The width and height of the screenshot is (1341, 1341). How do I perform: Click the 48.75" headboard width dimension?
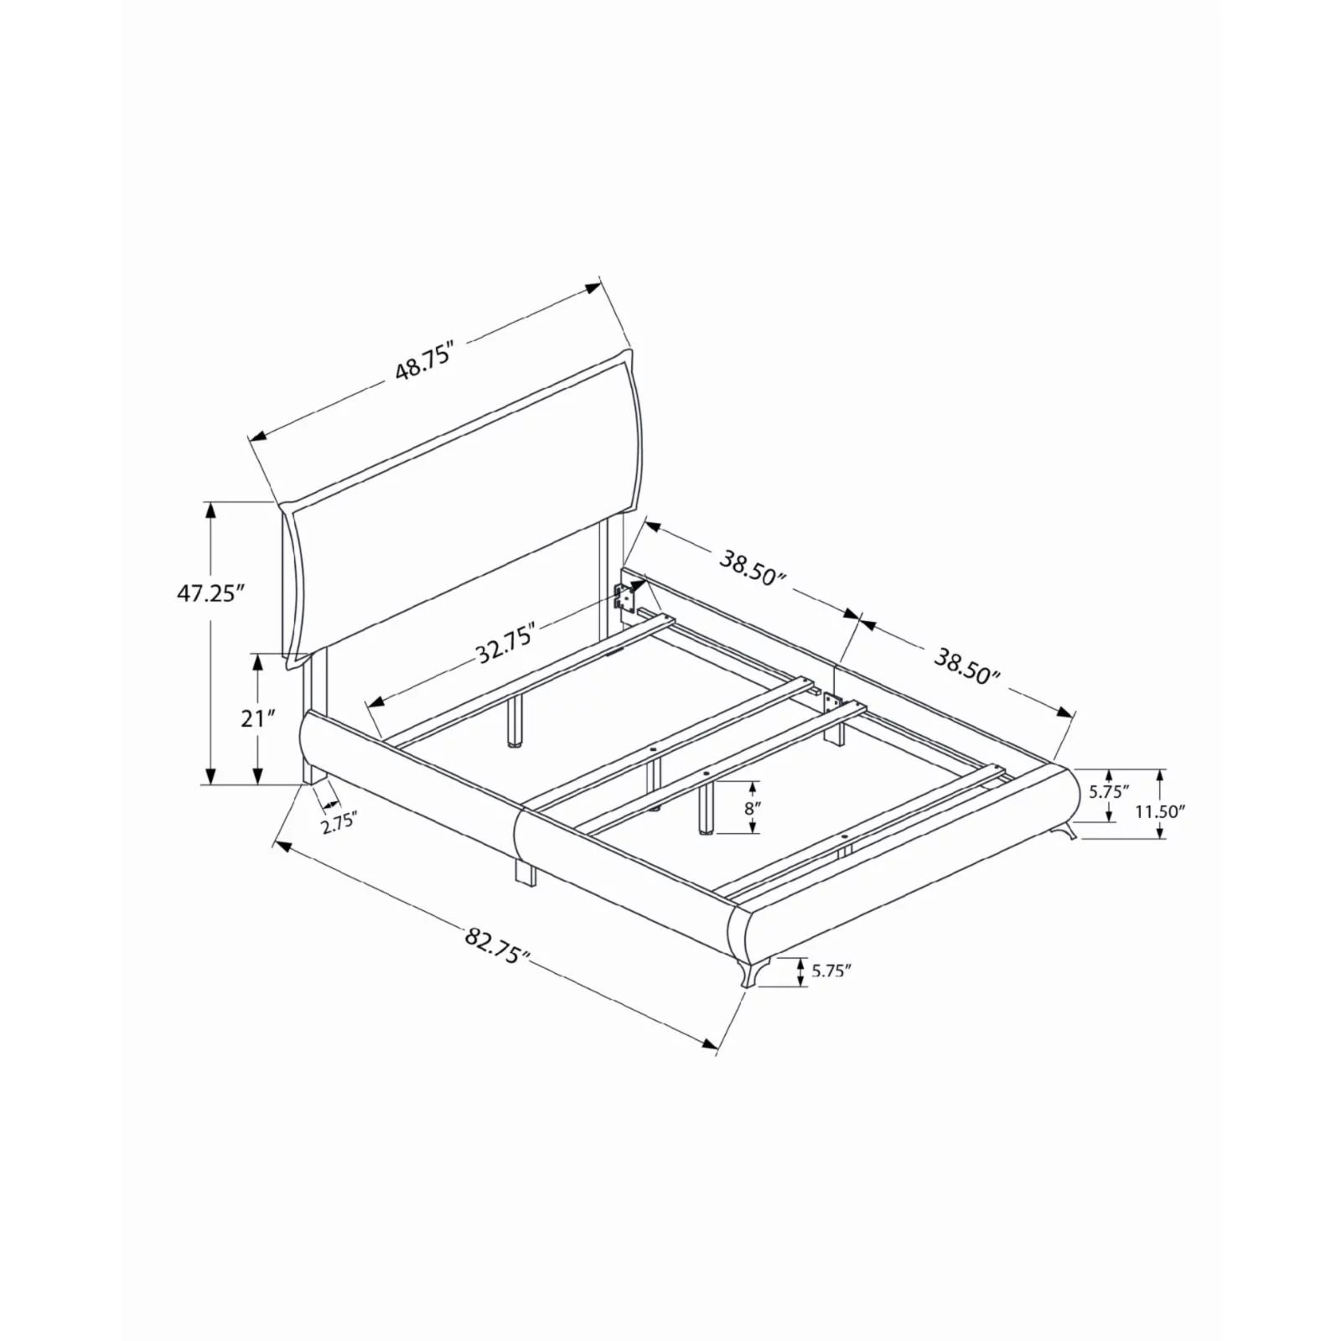coord(425,361)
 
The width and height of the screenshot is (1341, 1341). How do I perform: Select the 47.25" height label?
coord(210,593)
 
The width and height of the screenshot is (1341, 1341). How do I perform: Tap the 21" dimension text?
coord(258,718)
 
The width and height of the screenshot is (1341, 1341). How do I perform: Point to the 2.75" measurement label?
coord(339,822)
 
